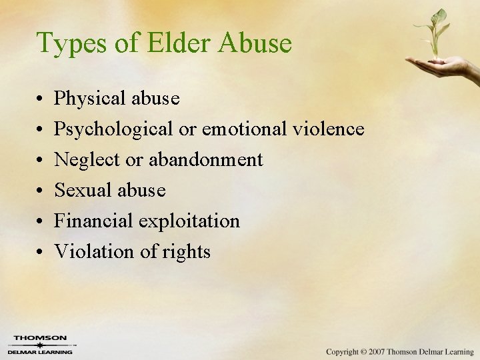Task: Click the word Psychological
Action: (x=114, y=129)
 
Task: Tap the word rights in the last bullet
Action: (x=192, y=252)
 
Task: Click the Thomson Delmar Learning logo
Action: (x=41, y=344)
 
